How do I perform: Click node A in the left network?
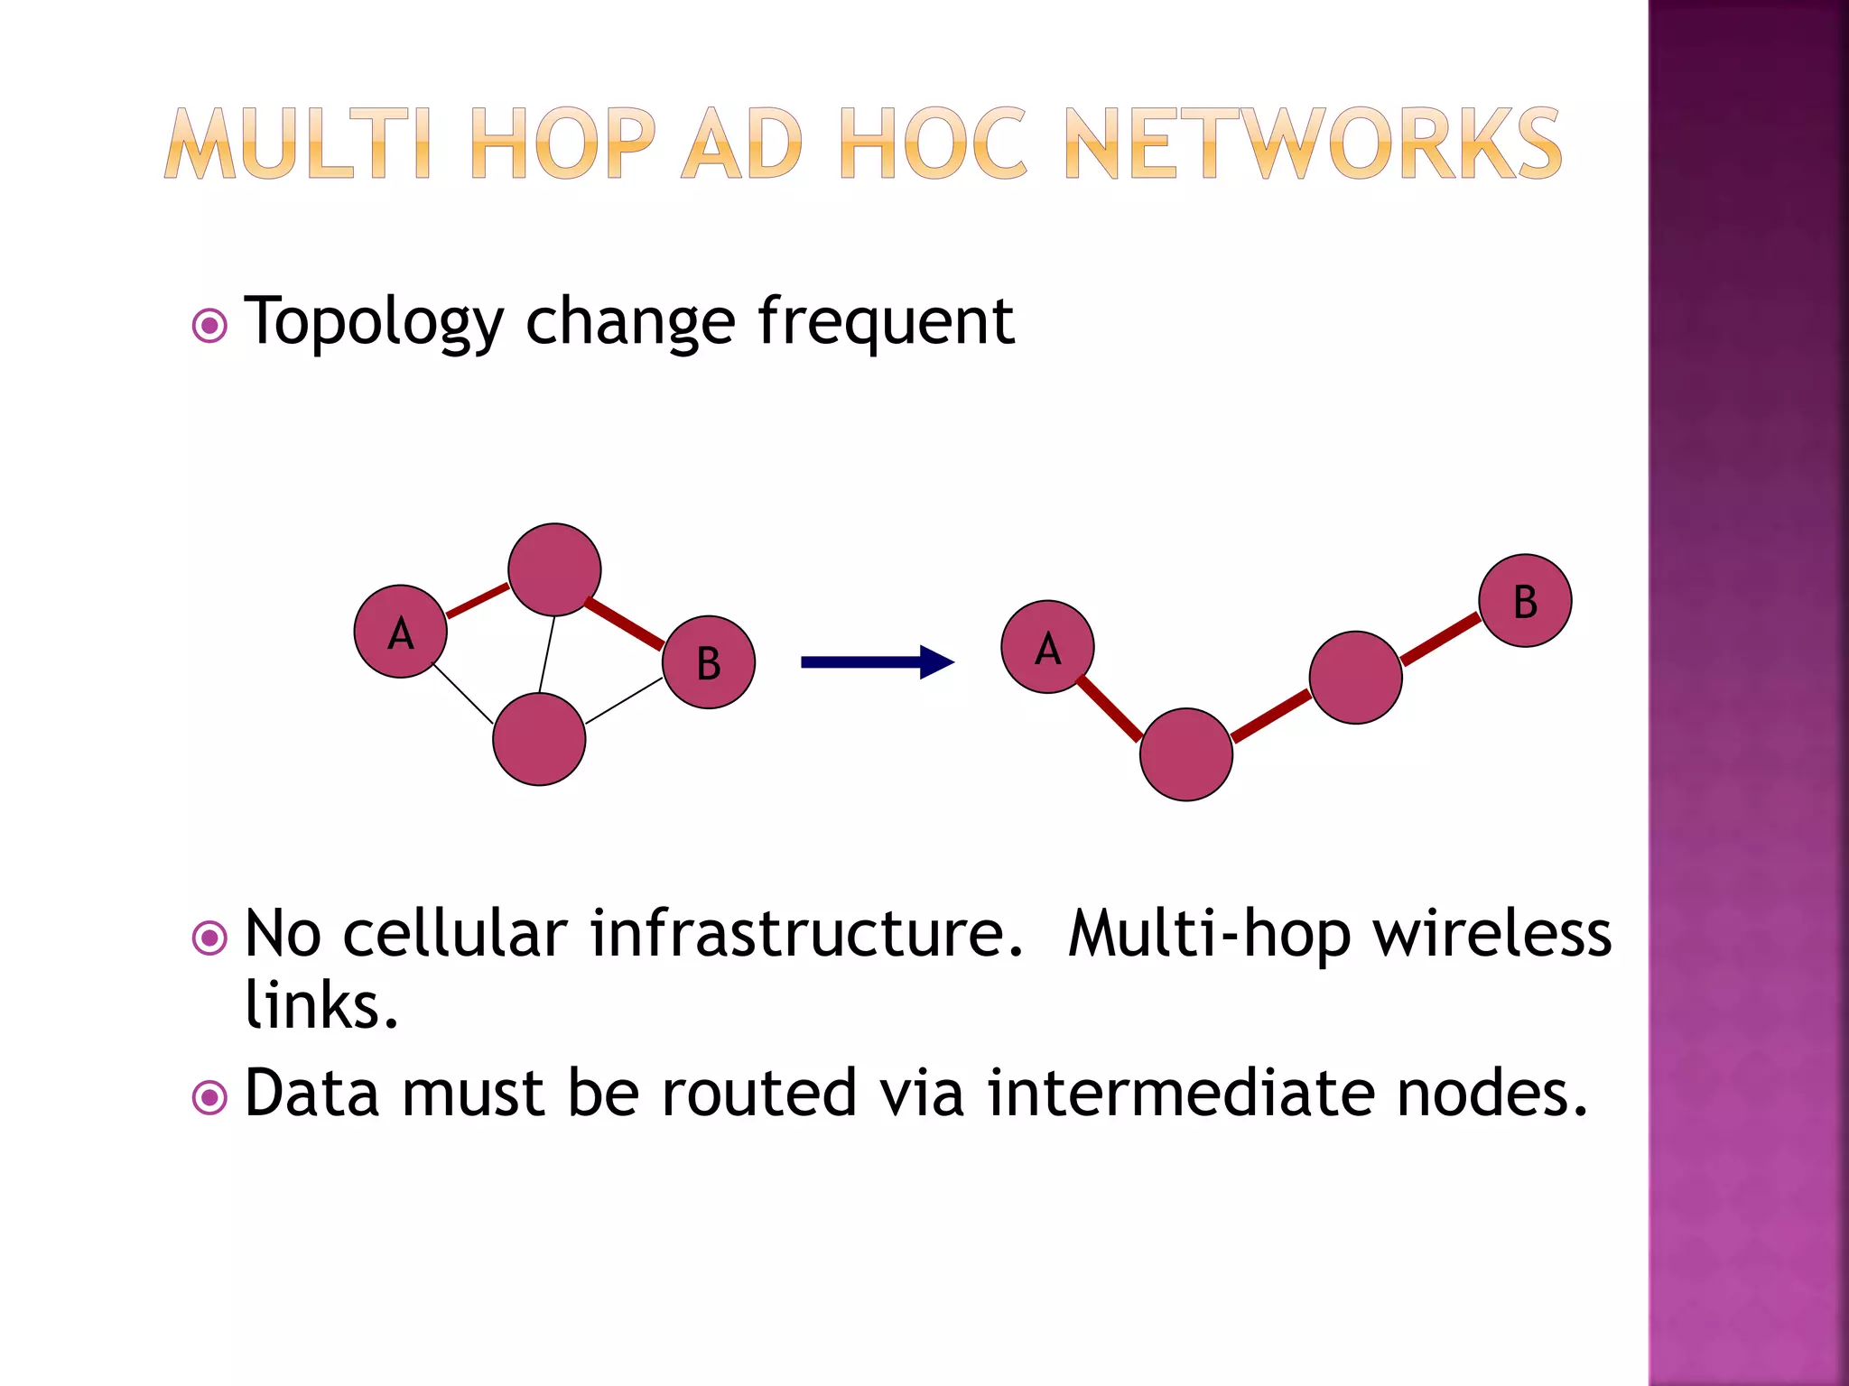pyautogui.click(x=400, y=632)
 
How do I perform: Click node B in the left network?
pyautogui.click(x=709, y=662)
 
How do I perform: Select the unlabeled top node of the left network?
pyautogui.click(x=554, y=569)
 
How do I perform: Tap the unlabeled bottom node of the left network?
pyautogui.click(x=539, y=739)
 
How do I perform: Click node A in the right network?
pyautogui.click(x=1047, y=647)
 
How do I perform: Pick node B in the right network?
pyautogui.click(x=1525, y=601)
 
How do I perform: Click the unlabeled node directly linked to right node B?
pyautogui.click(x=1355, y=678)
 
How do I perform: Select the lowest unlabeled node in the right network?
pyautogui.click(x=1186, y=754)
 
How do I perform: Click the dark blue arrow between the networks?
pyautogui.click(x=876, y=662)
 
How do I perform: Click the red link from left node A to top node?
pyautogui.click(x=478, y=601)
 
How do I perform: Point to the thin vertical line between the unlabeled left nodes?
pyautogui.click(x=546, y=654)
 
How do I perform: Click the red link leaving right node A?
pyautogui.click(x=1110, y=709)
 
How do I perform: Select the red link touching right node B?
pyautogui.click(x=1441, y=639)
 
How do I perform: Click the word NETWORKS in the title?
pyautogui.click(x=1313, y=144)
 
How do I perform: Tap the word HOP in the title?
pyautogui.click(x=562, y=144)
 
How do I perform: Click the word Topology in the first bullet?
pyautogui.click(x=374, y=321)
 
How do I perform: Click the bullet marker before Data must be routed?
pyautogui.click(x=210, y=1097)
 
